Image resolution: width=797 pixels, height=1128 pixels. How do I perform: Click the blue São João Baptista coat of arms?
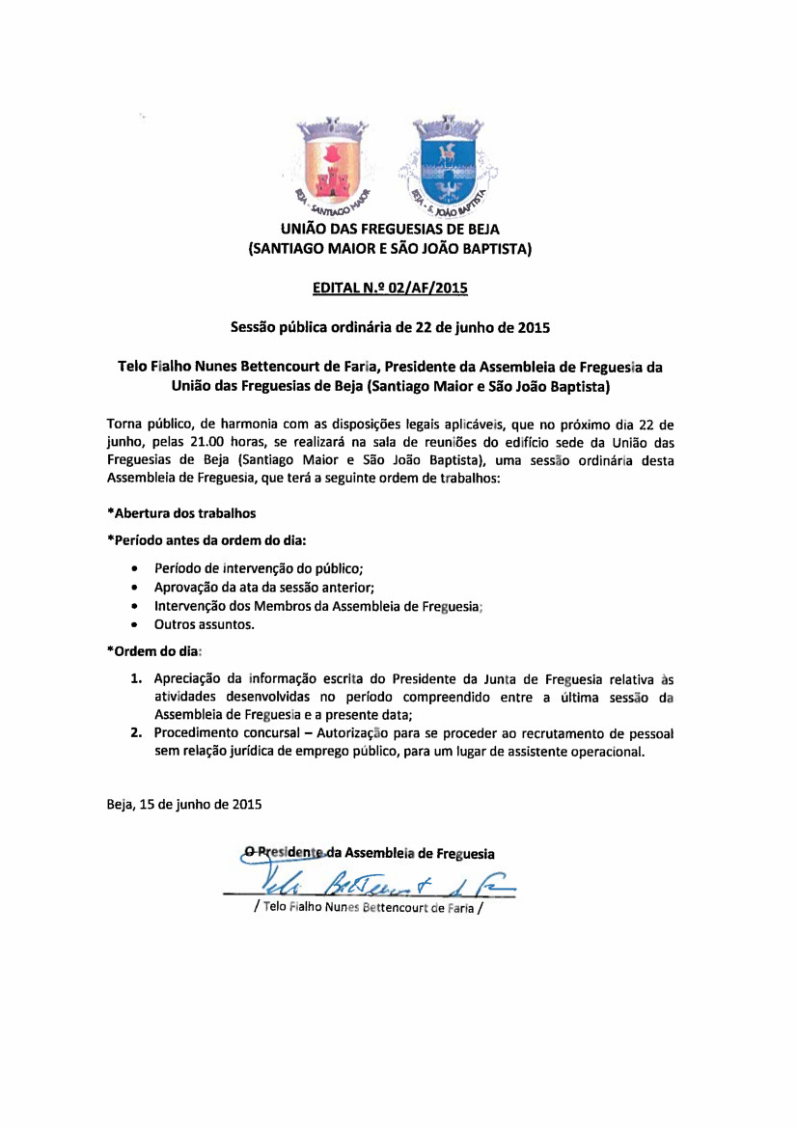(446, 159)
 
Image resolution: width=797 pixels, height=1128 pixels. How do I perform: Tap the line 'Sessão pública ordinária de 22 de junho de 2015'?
(390, 327)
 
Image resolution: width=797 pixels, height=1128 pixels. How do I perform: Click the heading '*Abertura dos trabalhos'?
(181, 511)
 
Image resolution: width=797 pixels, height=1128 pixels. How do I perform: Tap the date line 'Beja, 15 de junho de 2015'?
(183, 804)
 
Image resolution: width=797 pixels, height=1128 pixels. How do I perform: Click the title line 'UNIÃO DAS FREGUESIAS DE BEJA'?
(390, 232)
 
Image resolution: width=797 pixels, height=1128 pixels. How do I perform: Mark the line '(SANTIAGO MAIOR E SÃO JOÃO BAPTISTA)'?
(390, 250)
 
